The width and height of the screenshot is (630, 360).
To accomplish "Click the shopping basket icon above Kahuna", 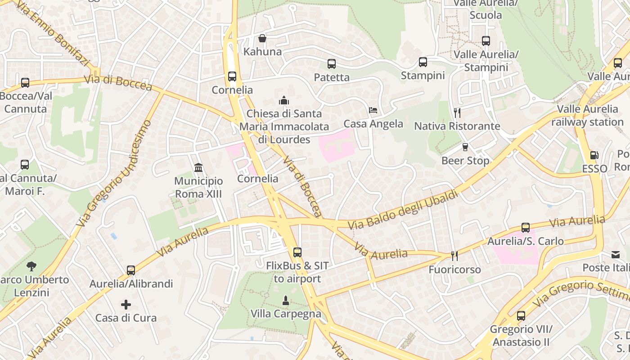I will coord(262,38).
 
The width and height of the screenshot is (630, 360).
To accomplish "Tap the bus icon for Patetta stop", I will coord(332,64).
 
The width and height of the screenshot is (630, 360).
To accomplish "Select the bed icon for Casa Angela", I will coord(373,110).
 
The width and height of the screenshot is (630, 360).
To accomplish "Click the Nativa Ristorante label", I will coord(457,126).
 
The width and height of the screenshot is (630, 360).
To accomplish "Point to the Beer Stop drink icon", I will coord(465,147).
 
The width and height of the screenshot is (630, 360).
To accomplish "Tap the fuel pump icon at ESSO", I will coord(594,155).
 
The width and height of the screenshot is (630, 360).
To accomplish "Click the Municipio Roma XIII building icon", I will coord(198,168).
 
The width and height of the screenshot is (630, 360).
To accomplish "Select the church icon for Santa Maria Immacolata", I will coord(284,100).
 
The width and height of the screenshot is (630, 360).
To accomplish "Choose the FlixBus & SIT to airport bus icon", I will coord(297,252).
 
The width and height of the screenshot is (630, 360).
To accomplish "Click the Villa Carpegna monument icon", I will coord(285,300).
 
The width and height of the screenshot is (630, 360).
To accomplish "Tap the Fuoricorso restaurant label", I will coord(454,270).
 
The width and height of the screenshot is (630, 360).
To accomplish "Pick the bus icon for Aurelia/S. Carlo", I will coord(526,228).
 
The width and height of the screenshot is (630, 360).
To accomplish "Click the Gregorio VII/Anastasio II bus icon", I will coord(521,316).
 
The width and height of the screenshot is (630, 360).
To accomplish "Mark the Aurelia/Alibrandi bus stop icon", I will coord(131,270).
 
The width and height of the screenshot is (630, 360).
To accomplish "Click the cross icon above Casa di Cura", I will coord(126,305).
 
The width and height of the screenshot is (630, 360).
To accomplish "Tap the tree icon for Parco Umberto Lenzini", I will coord(31,266).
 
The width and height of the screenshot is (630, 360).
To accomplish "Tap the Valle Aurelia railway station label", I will coord(587,116).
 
